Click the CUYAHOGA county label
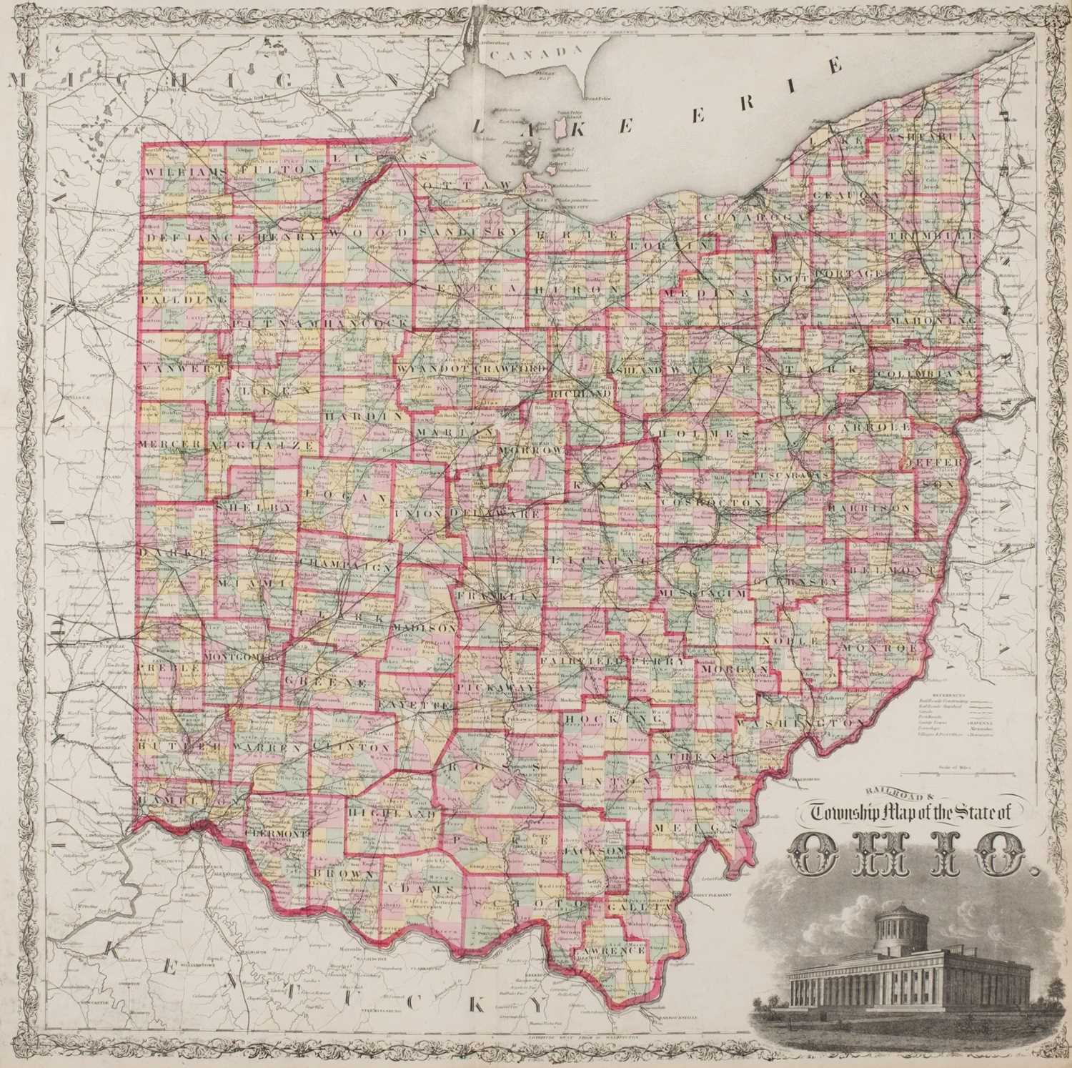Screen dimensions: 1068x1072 (743, 217)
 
